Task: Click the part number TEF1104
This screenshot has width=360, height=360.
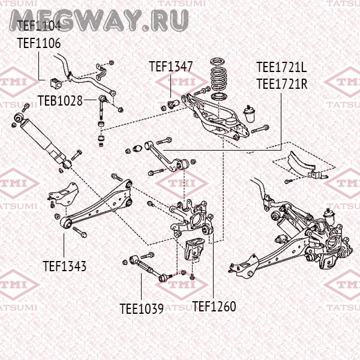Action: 38,25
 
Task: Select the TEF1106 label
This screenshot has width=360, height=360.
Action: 38,43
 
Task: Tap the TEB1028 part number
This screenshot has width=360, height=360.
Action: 60,100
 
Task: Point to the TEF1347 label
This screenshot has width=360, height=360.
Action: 171,67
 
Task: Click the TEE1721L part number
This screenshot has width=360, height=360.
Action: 281,67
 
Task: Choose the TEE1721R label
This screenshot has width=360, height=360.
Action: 281,83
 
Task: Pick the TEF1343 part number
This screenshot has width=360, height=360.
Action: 64,265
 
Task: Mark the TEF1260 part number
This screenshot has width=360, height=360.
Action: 214,306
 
